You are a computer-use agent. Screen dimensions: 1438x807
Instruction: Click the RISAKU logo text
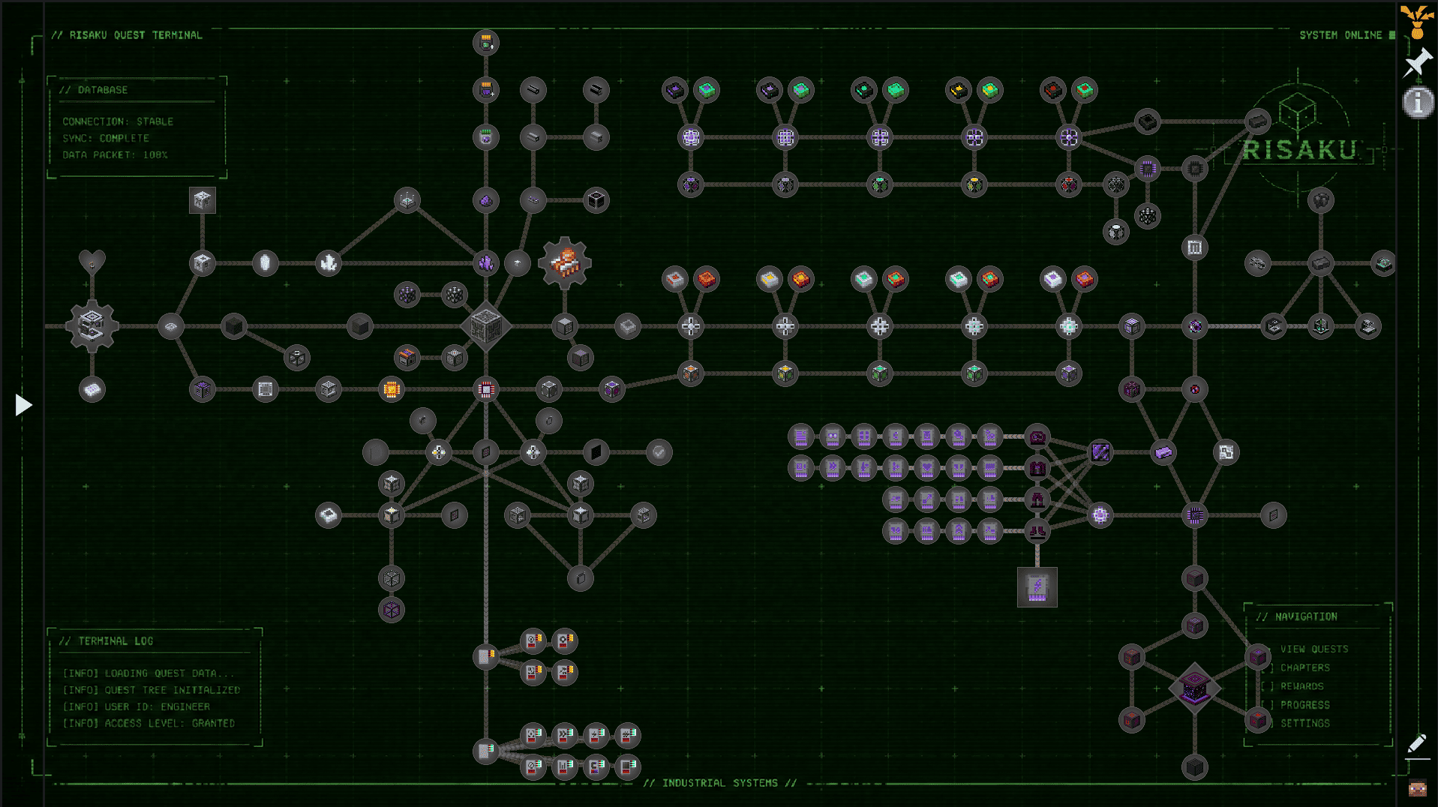pyautogui.click(x=1299, y=150)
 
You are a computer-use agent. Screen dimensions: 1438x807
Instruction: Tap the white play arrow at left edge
pyautogui.click(x=23, y=405)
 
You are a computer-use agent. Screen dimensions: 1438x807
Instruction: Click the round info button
pyautogui.click(x=1418, y=102)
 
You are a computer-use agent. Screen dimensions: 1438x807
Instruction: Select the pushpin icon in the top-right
pyautogui.click(x=1417, y=63)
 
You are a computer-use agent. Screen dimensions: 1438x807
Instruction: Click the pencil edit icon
pyautogui.click(x=1416, y=743)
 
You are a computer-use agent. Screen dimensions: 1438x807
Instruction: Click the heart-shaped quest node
pyautogui.click(x=92, y=262)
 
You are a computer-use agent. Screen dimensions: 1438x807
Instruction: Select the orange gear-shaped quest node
pyautogui.click(x=565, y=263)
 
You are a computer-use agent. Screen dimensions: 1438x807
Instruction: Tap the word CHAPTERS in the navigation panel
pyautogui.click(x=1304, y=667)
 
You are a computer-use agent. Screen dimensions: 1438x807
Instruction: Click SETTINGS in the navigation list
pyautogui.click(x=1304, y=723)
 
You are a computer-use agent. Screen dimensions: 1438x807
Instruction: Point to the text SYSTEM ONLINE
pyautogui.click(x=1340, y=35)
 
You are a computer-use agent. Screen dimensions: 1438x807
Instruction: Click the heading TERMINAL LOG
pyautogui.click(x=116, y=641)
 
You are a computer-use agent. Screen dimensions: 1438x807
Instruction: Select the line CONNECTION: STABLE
pyautogui.click(x=118, y=121)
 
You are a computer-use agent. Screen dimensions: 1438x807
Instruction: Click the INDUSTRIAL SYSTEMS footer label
pyautogui.click(x=719, y=783)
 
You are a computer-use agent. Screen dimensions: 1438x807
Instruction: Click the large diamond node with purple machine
pyautogui.click(x=1194, y=688)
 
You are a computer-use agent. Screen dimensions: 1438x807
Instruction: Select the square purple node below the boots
pyautogui.click(x=1037, y=586)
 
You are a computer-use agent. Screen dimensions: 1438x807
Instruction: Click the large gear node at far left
pyautogui.click(x=92, y=326)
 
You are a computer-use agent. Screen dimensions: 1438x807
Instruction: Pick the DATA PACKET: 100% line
pyautogui.click(x=115, y=155)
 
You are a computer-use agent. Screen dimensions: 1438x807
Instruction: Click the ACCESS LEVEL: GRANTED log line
pyautogui.click(x=149, y=724)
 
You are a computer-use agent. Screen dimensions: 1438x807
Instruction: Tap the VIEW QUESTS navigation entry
pyautogui.click(x=1313, y=649)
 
